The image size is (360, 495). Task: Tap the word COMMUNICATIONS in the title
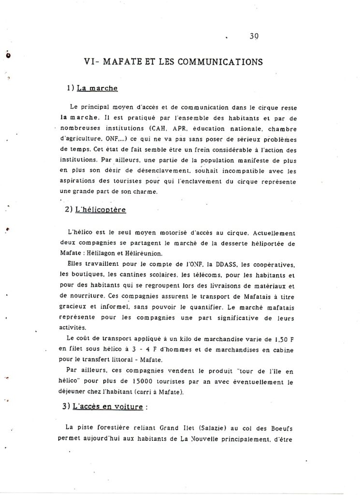click(x=220, y=62)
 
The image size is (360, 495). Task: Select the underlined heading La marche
click(x=98, y=88)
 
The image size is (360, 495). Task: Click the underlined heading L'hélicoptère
click(x=101, y=210)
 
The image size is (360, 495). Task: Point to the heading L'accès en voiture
click(x=108, y=407)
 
